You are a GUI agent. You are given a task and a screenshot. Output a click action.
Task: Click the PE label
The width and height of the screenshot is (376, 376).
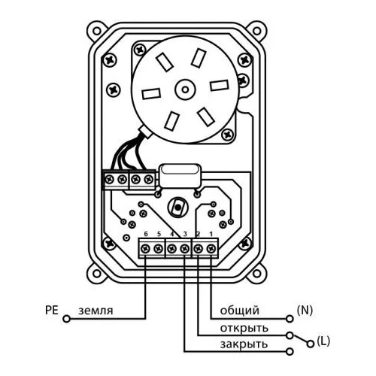tap(52, 310)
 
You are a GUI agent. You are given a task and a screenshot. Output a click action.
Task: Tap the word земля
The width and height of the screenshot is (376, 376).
tap(96, 311)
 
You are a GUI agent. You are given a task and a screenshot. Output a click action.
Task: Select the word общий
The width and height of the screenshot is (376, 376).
tap(240, 311)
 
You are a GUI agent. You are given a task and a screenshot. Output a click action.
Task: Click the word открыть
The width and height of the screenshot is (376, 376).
tap(244, 328)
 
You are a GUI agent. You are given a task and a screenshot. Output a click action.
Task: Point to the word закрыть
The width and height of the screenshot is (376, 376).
tap(244, 344)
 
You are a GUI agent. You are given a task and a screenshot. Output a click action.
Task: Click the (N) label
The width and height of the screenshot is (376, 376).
tap(305, 311)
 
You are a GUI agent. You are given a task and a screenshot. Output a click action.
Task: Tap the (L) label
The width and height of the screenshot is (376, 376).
tap(323, 341)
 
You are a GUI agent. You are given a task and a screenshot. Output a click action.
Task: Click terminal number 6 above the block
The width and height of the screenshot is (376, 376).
tap(146, 234)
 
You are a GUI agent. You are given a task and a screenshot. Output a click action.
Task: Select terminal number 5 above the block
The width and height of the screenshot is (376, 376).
tap(159, 234)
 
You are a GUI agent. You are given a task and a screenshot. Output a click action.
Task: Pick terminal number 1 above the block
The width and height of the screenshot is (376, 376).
tap(211, 234)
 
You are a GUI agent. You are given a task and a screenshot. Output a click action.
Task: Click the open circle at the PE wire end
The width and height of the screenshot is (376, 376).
tap(66, 319)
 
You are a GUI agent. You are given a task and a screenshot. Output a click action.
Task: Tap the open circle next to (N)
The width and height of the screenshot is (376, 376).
tap(290, 319)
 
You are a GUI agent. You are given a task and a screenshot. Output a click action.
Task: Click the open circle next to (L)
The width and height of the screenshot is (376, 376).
tap(311, 344)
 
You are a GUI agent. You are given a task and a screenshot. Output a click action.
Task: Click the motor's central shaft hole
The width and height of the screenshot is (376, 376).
tap(185, 89)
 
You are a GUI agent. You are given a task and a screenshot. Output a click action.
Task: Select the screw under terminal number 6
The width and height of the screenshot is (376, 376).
tap(146, 249)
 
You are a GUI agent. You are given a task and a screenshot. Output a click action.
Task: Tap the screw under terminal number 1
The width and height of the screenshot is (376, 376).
tap(211, 249)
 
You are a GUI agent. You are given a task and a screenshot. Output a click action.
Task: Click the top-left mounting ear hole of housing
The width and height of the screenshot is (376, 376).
tap(96, 31)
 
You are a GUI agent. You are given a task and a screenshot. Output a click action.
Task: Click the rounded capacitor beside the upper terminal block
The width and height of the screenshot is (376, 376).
tap(180, 177)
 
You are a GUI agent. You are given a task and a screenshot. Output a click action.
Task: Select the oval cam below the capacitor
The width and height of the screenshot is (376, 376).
tap(177, 207)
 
